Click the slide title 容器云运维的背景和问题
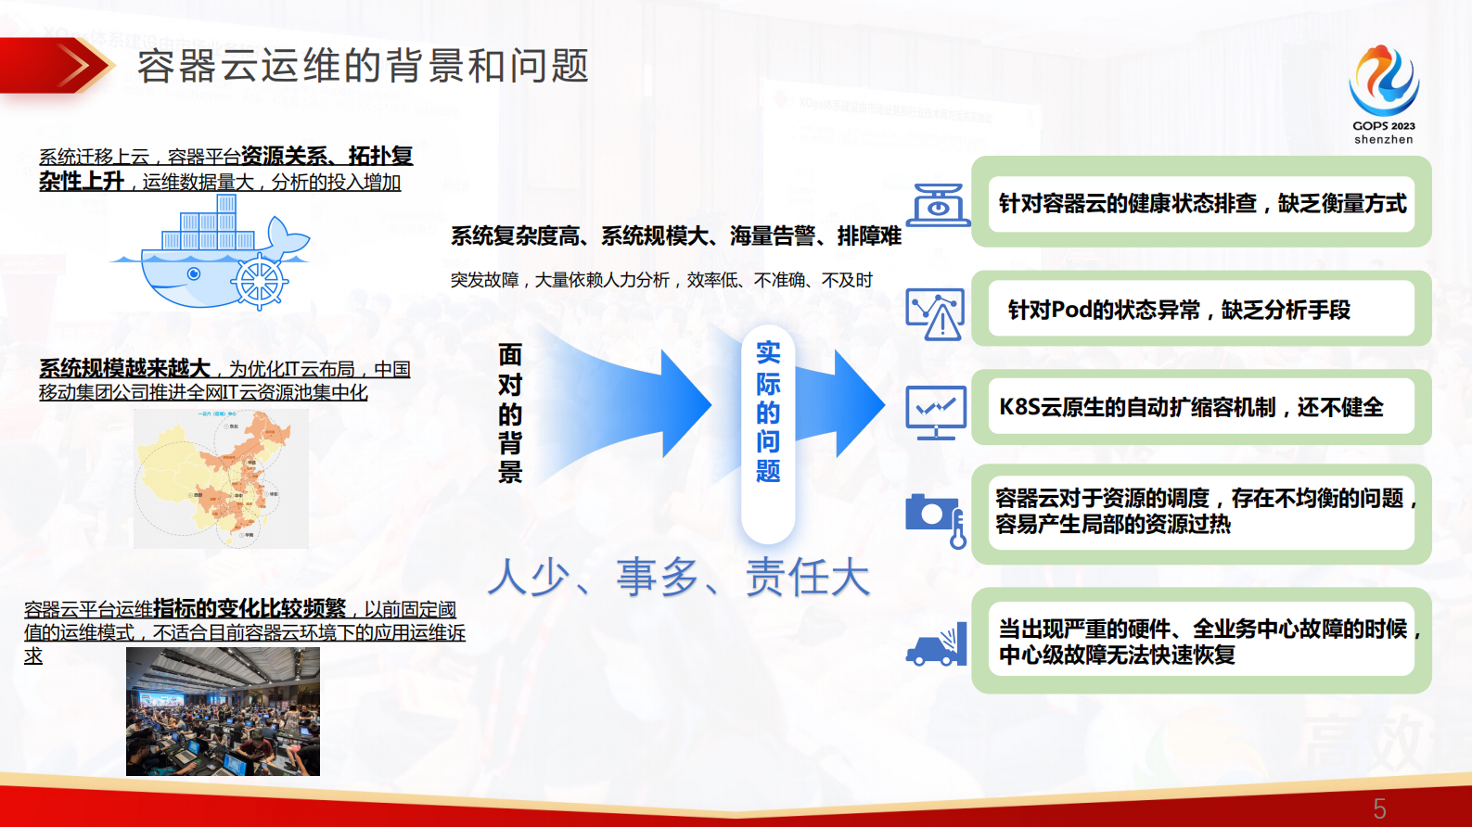click(363, 67)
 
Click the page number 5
click(1379, 808)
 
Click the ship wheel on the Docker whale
click(259, 281)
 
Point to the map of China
click(221, 478)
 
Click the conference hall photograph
click(223, 711)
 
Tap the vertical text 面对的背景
click(510, 413)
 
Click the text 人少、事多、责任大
click(678, 577)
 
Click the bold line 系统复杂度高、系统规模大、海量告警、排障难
click(675, 236)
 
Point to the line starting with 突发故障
click(661, 280)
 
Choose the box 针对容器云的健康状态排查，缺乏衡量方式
click(1201, 203)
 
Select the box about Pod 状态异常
click(1201, 310)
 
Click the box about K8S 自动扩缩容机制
click(1201, 407)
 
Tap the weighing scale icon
click(937, 204)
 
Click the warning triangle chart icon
click(935, 313)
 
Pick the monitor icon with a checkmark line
click(935, 412)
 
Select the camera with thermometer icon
click(936, 518)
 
